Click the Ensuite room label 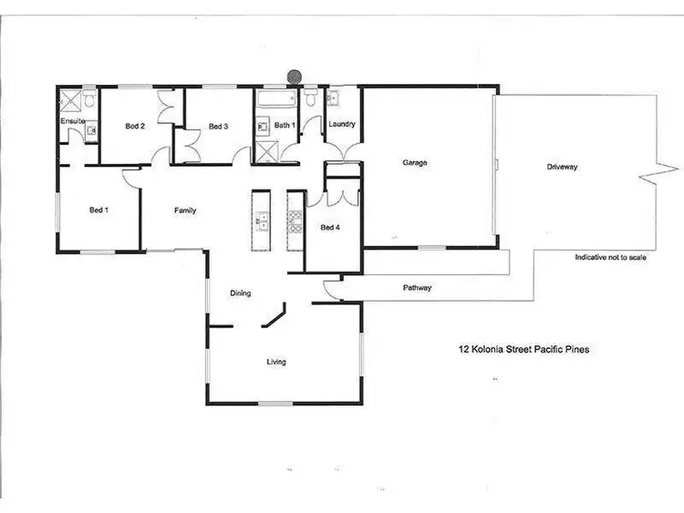[x=72, y=120]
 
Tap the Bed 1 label [x=98, y=210]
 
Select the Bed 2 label [x=135, y=126]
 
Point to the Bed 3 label [x=217, y=126]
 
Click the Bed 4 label [x=329, y=228]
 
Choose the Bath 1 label [x=285, y=125]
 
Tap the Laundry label [x=341, y=125]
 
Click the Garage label [x=415, y=164]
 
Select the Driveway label [x=563, y=167]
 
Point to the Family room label [x=186, y=210]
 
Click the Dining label [x=241, y=292]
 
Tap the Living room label [x=276, y=362]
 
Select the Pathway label [x=418, y=288]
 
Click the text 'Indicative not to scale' [x=610, y=258]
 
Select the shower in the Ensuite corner [x=69, y=98]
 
